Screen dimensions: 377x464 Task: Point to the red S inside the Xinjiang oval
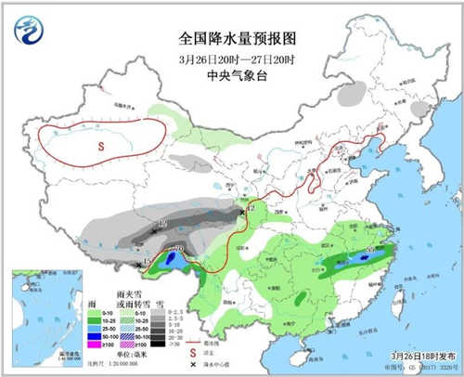(101, 147)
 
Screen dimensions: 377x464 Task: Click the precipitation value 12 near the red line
(251, 210)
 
